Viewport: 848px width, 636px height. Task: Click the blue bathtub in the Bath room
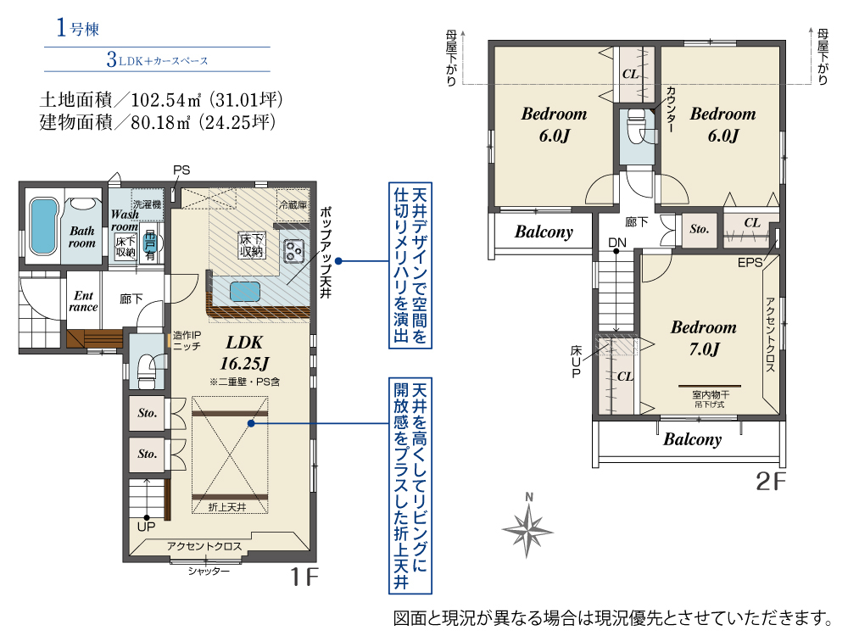pyautogui.click(x=43, y=226)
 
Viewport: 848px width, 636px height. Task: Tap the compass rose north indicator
pyautogui.click(x=527, y=527)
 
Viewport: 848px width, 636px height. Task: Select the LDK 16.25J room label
pyautogui.click(x=244, y=353)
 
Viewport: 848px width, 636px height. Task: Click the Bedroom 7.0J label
pyautogui.click(x=704, y=338)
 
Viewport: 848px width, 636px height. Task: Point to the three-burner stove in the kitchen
pyautogui.click(x=294, y=250)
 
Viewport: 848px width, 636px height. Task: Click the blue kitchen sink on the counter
pyautogui.click(x=245, y=292)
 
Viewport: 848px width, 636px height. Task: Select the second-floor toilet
pyautogui.click(x=637, y=126)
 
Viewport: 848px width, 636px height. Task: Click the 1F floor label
pyautogui.click(x=304, y=577)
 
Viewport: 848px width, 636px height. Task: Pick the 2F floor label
pyautogui.click(x=770, y=482)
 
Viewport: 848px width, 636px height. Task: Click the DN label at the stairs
pyautogui.click(x=617, y=243)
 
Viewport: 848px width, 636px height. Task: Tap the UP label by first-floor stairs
pyautogui.click(x=146, y=527)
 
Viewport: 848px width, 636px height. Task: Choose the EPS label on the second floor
pyautogui.click(x=750, y=263)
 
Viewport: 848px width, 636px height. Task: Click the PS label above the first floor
pyautogui.click(x=181, y=170)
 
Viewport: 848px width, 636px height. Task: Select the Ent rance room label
pyautogui.click(x=83, y=301)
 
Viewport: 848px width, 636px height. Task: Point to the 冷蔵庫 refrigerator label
pyautogui.click(x=293, y=205)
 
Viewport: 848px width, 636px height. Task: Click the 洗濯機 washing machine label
pyautogui.click(x=148, y=204)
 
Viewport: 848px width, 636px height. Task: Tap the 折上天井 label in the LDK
pyautogui.click(x=227, y=507)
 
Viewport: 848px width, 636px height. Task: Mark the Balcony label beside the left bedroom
pyautogui.click(x=544, y=232)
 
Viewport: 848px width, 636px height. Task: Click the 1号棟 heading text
pyautogui.click(x=78, y=28)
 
